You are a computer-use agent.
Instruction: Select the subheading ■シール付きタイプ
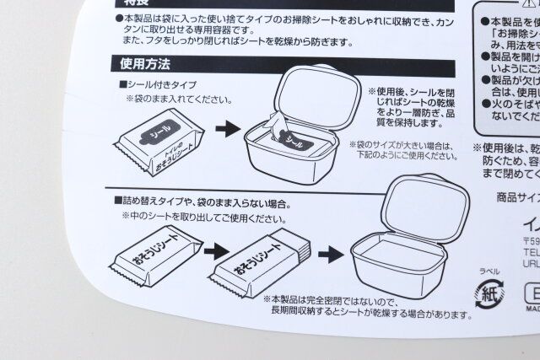click(x=160, y=84)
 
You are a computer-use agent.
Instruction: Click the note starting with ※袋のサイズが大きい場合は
click(x=411, y=150)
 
